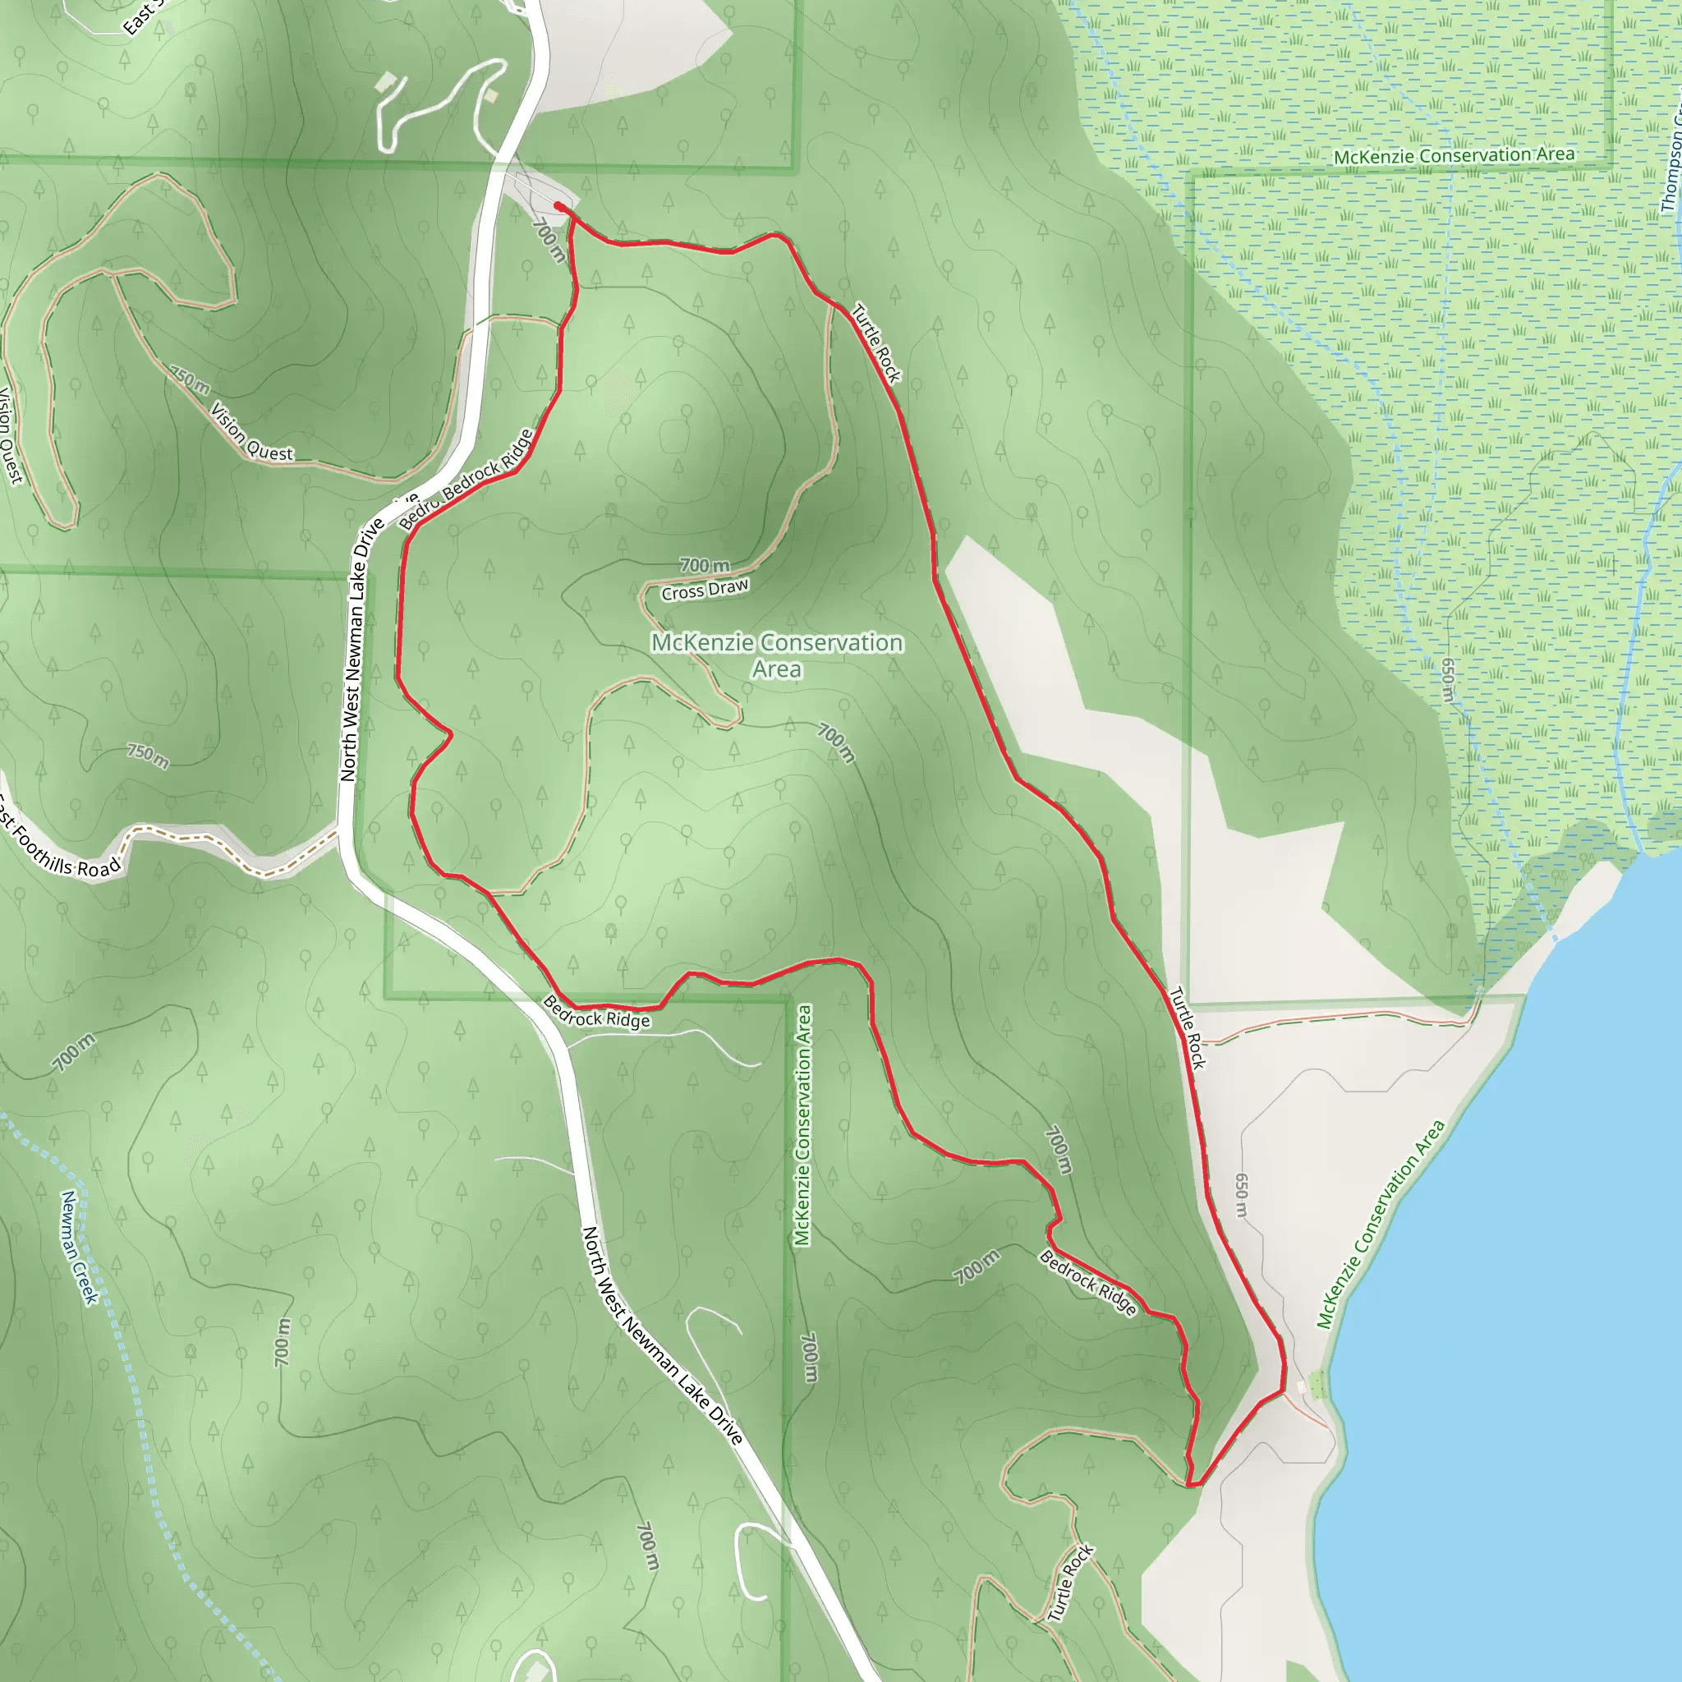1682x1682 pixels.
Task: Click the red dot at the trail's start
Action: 558,206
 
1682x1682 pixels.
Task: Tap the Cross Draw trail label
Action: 705,590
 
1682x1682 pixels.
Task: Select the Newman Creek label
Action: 79,1247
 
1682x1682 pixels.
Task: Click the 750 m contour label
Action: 148,755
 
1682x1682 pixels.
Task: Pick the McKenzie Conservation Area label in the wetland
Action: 1454,156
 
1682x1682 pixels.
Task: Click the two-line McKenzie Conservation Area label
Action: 777,655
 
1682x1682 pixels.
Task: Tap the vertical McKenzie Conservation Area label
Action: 802,1125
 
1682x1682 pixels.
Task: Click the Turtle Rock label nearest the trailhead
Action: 875,343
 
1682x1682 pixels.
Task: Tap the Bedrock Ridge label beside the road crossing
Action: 596,1013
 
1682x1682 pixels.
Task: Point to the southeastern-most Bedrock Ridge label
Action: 1088,1282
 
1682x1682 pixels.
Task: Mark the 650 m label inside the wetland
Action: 1448,680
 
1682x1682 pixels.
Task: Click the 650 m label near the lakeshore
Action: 1242,1195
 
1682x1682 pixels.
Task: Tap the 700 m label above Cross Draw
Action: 705,566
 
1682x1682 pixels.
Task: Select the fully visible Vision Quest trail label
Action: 251,431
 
